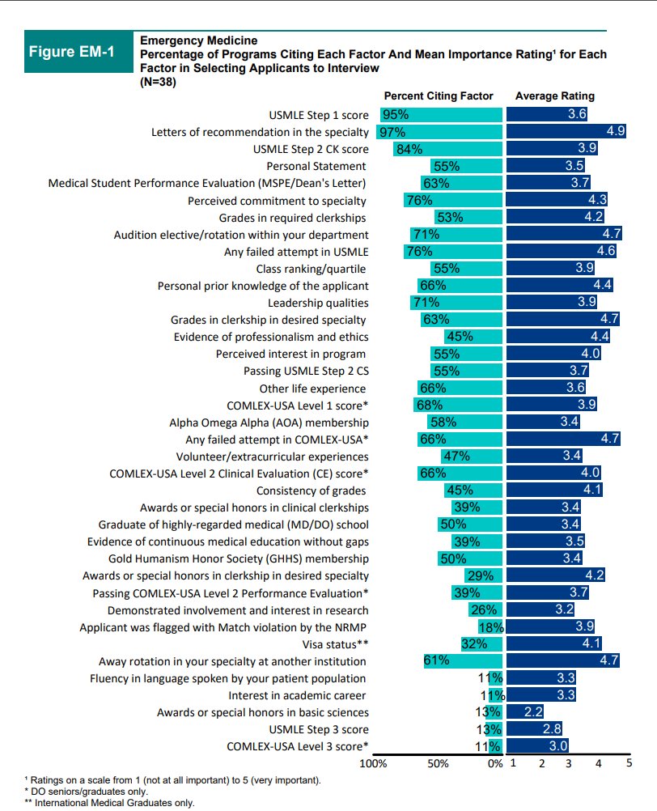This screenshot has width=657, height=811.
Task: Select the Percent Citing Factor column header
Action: [x=438, y=96]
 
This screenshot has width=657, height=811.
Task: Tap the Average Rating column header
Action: [x=554, y=96]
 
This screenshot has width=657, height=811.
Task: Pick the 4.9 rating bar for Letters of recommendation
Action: [x=566, y=132]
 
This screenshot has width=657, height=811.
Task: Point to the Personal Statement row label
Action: [x=317, y=166]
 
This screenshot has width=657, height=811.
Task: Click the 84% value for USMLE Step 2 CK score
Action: [x=409, y=149]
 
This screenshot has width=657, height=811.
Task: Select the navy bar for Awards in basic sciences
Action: [x=525, y=712]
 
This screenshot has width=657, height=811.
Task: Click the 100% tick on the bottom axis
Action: [x=372, y=763]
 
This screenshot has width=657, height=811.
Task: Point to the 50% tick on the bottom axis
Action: [x=437, y=763]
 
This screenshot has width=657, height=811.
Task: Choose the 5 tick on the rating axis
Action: [x=629, y=762]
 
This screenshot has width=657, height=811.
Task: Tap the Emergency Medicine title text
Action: [x=199, y=40]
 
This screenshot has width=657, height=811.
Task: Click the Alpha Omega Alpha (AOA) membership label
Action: [x=269, y=422]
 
